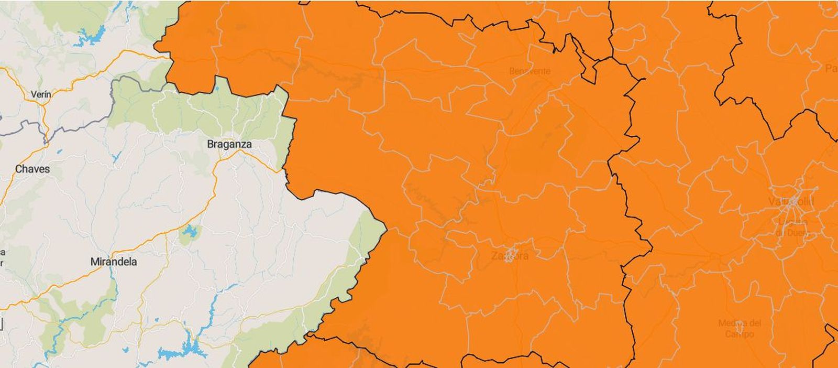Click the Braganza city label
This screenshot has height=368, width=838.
pyautogui.click(x=229, y=144)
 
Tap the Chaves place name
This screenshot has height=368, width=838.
pyautogui.click(x=32, y=169)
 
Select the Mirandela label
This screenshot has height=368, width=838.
pyautogui.click(x=114, y=262)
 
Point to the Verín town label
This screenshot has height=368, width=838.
pyautogui.click(x=41, y=94)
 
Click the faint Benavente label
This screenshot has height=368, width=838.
pyautogui.click(x=530, y=71)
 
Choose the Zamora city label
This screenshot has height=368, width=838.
pyautogui.click(x=510, y=256)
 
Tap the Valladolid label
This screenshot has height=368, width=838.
pyautogui.click(x=791, y=202)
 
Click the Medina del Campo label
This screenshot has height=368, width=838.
pyautogui.click(x=740, y=328)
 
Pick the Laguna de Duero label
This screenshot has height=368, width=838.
pyautogui.click(x=792, y=228)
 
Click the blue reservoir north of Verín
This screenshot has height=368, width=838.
pyautogui.click(x=92, y=36)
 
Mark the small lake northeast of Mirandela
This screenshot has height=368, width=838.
pyautogui.click(x=188, y=231)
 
